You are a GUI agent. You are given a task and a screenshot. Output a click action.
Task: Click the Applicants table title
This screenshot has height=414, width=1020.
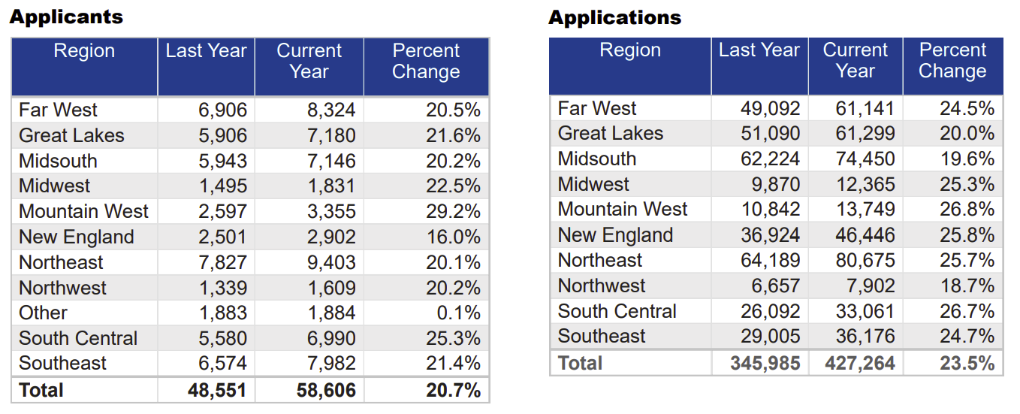tap(66, 17)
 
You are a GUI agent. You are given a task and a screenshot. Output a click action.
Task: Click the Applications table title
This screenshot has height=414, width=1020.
tap(614, 17)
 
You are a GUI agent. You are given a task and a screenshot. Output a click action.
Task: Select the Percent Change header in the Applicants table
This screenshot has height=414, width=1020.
tap(426, 62)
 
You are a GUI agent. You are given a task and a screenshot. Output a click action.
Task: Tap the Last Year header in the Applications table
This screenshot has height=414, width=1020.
tap(759, 50)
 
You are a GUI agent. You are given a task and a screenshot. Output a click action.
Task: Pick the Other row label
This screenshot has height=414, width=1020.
tap(43, 313)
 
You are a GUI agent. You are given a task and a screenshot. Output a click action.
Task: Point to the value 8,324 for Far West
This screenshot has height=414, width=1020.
tap(330, 110)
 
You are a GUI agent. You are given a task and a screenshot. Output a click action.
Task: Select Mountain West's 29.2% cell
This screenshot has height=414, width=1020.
tap(452, 211)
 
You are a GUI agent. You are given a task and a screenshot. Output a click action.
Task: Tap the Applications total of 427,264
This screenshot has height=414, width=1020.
tap(860, 364)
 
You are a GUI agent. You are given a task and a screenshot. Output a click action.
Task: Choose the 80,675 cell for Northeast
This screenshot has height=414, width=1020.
tap(865, 261)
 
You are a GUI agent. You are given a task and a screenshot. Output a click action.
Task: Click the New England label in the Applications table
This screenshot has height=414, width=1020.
tap(614, 235)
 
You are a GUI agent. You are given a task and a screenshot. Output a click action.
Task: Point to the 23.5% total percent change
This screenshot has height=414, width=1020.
tap(967, 364)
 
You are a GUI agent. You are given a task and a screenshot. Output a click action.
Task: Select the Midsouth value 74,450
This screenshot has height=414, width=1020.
tap(865, 159)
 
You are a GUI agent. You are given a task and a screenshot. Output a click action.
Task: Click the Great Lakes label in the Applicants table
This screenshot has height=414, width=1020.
tap(71, 136)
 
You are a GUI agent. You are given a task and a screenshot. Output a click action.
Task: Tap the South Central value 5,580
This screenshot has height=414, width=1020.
tap(222, 338)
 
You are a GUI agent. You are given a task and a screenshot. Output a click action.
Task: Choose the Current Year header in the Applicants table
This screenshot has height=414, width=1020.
tap(309, 62)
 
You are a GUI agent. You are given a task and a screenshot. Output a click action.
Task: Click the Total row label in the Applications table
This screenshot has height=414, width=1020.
tap(580, 364)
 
